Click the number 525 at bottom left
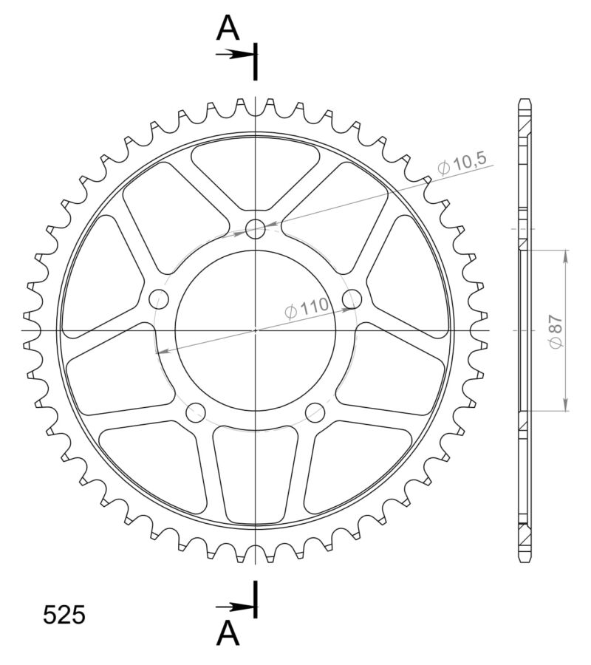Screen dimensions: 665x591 (64, 615)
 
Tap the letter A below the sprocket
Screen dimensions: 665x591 (228, 633)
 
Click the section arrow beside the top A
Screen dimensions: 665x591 (235, 54)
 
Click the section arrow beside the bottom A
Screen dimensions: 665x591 (235, 607)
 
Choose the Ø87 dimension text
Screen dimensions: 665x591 (555, 330)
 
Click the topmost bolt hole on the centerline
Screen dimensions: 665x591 (256, 228)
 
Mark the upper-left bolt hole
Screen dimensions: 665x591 (159, 299)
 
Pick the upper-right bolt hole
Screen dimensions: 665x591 (353, 299)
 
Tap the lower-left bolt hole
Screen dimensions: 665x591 (196, 413)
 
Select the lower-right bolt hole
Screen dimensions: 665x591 (315, 413)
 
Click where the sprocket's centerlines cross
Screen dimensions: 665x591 (256, 330)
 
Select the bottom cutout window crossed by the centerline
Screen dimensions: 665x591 (256, 473)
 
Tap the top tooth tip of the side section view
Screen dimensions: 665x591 (524, 102)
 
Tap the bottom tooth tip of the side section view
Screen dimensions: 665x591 (524, 559)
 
